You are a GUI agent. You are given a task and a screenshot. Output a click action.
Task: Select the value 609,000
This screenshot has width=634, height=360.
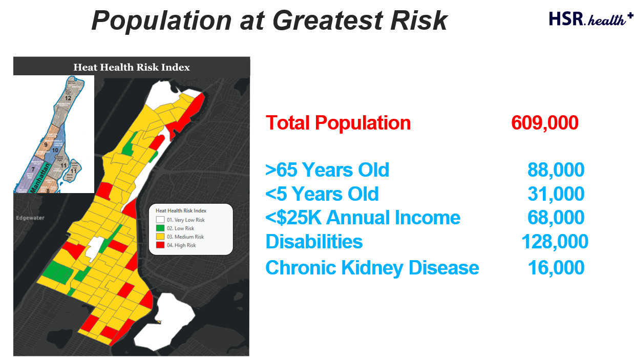(x=544, y=123)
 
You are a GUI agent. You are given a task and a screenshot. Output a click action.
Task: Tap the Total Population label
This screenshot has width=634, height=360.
(x=338, y=123)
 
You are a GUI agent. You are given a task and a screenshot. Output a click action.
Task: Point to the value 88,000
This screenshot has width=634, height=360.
(x=556, y=170)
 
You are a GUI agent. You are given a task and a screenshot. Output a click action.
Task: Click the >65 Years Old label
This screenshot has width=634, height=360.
(x=327, y=170)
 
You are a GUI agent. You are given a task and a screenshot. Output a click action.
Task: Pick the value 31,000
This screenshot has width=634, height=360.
(x=556, y=194)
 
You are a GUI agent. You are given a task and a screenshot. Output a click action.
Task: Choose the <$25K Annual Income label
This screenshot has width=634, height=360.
(x=363, y=218)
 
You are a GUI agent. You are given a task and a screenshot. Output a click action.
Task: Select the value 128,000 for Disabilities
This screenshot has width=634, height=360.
(x=555, y=242)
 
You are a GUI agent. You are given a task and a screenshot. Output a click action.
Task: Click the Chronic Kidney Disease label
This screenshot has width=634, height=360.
(x=372, y=268)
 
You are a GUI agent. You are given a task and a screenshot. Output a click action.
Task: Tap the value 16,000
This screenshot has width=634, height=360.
(x=556, y=268)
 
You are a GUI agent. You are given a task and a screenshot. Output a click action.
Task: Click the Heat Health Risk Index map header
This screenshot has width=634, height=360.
(x=132, y=67)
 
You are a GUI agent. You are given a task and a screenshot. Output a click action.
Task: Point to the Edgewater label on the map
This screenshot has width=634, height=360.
(x=30, y=218)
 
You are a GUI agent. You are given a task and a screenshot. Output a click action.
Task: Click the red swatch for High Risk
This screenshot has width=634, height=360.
(x=160, y=245)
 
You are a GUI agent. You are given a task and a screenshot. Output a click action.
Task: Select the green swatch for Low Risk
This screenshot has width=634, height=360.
(x=160, y=228)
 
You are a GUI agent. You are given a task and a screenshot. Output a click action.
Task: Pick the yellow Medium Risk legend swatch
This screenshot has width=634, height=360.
(x=160, y=237)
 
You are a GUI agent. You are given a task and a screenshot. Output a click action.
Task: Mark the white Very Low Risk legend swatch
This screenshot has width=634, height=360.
(x=160, y=220)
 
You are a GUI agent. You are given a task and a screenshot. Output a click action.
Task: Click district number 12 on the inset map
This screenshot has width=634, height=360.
(x=67, y=98)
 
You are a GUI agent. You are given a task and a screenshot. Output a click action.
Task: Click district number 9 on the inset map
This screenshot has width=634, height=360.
(x=46, y=145)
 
